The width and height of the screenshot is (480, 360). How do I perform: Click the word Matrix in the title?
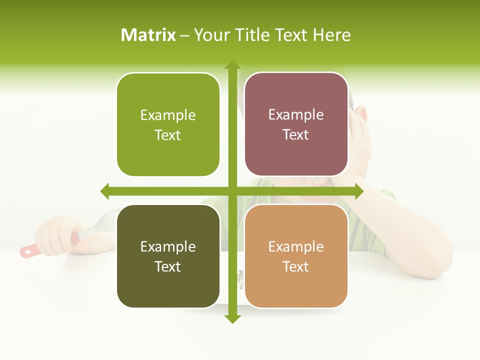pyautogui.click(x=148, y=35)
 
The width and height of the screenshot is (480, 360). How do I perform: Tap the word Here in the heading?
pyautogui.click(x=331, y=35)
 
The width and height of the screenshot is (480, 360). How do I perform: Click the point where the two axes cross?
pyautogui.click(x=232, y=191)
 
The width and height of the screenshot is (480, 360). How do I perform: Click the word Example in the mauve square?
pyautogui.click(x=296, y=115)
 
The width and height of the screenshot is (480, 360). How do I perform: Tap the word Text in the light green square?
pyautogui.click(x=167, y=135)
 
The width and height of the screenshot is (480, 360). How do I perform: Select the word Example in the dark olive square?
pyautogui.click(x=168, y=246)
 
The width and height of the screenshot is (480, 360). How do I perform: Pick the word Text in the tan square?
pyautogui.click(x=295, y=267)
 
